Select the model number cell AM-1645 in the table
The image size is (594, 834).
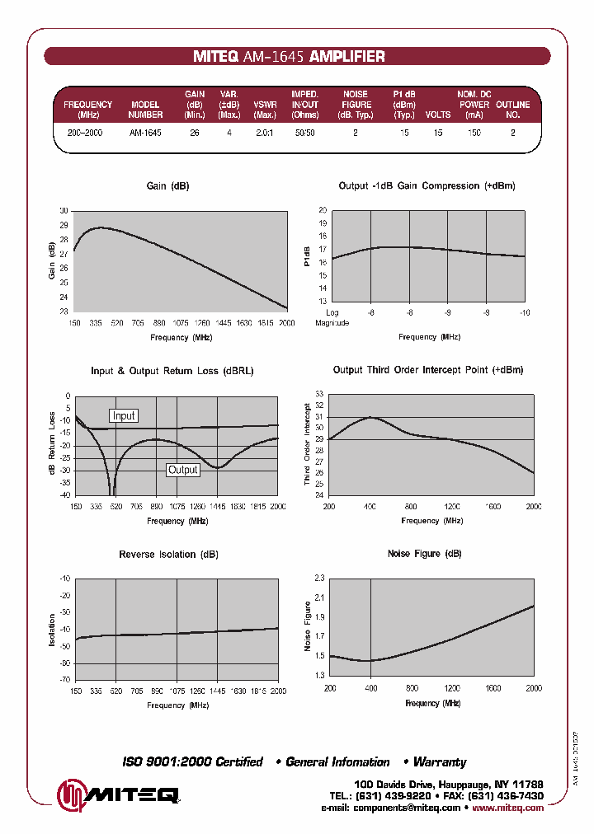point(145,133)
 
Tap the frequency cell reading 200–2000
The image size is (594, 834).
point(85,133)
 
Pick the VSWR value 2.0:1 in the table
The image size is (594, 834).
point(264,133)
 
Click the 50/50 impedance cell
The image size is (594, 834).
point(304,133)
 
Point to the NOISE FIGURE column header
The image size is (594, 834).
point(356,105)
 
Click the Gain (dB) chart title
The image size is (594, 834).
point(167,186)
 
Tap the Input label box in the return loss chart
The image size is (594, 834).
point(124,416)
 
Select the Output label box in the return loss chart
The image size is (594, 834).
point(183,470)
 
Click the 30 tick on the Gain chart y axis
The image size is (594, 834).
point(64,211)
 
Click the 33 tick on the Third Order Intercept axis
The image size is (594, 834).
point(320,395)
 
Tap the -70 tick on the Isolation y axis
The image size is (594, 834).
point(64,680)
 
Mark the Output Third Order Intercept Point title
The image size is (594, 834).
point(427,370)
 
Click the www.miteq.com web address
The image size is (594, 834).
point(510,808)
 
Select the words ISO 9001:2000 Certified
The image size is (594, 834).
point(192,762)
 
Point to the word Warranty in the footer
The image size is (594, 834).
point(440,762)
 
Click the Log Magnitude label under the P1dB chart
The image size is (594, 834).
point(332,318)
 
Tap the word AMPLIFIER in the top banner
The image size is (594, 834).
point(346,57)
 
